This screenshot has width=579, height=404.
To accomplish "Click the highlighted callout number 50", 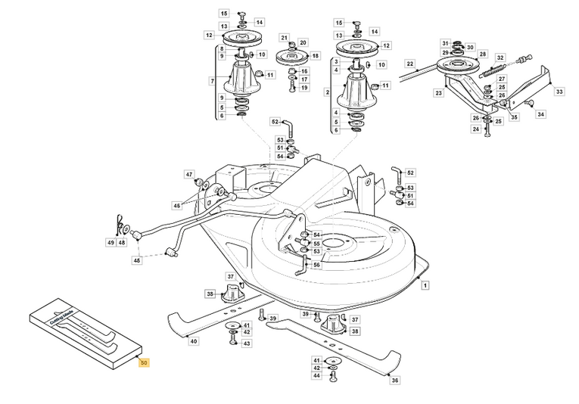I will (x=144, y=363).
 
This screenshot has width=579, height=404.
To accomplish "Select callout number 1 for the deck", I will (x=426, y=286).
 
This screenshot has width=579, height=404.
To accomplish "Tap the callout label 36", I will (x=394, y=381).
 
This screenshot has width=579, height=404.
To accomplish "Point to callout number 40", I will (x=194, y=341).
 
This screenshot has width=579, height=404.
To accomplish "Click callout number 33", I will (x=559, y=92).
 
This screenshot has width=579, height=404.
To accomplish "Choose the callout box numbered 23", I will (x=437, y=93).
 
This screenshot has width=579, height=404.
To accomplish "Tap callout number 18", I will (x=316, y=55).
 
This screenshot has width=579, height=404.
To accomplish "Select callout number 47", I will (x=189, y=175).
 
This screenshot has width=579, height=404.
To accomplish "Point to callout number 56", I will (x=316, y=265).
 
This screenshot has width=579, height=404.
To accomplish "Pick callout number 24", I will (x=475, y=129).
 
